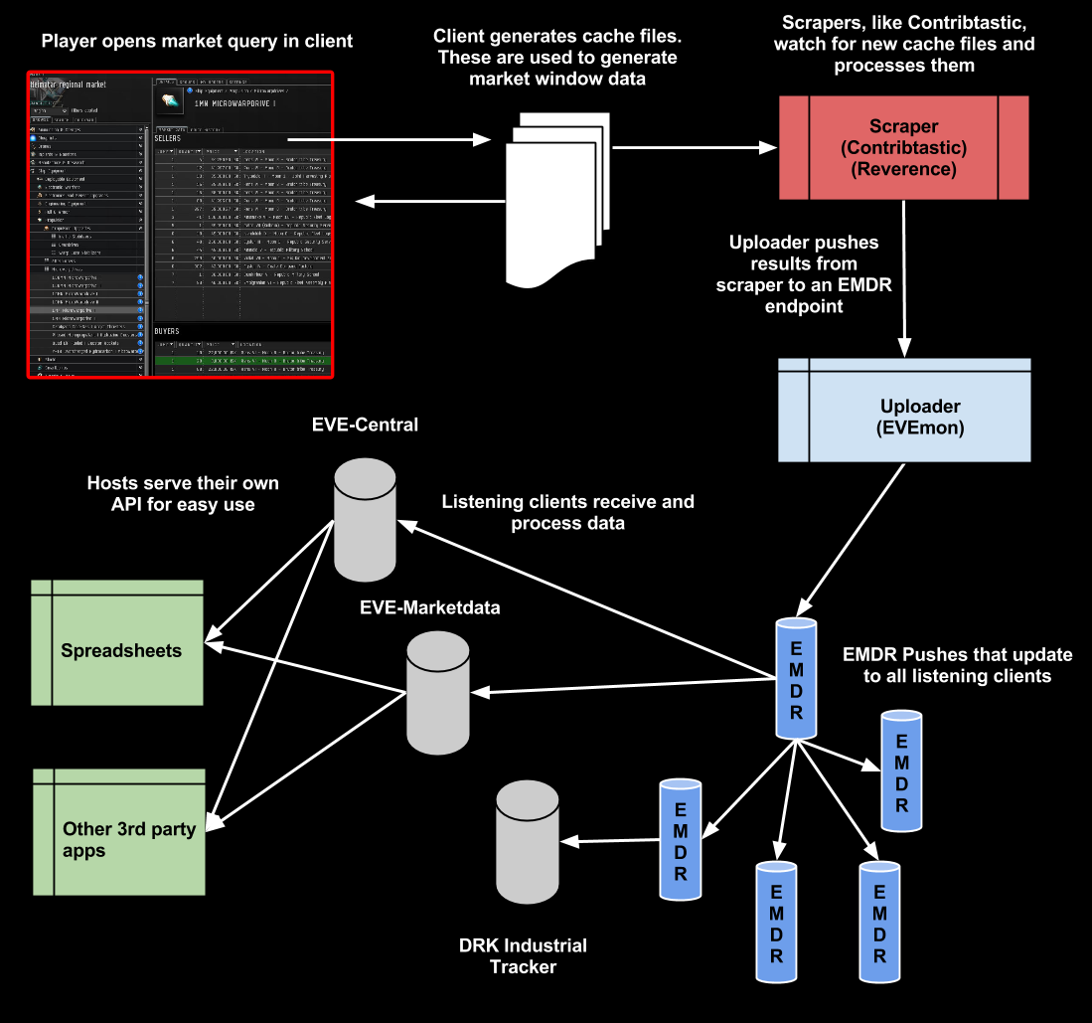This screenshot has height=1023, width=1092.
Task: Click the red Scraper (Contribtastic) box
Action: [x=902, y=148]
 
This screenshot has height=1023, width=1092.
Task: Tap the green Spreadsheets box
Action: [x=117, y=651]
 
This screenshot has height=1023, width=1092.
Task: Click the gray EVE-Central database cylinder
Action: [x=366, y=519]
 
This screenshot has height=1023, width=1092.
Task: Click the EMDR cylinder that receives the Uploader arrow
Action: [x=797, y=677]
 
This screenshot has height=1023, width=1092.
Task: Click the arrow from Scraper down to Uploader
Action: [x=904, y=278]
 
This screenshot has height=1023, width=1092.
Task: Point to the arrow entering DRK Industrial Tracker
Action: [x=611, y=840]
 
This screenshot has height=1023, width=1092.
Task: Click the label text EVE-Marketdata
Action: [x=429, y=607]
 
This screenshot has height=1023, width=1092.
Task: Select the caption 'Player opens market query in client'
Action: [x=197, y=42]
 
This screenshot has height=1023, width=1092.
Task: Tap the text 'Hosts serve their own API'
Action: [x=183, y=494]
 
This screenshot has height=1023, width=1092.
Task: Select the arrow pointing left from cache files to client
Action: [x=427, y=202]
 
